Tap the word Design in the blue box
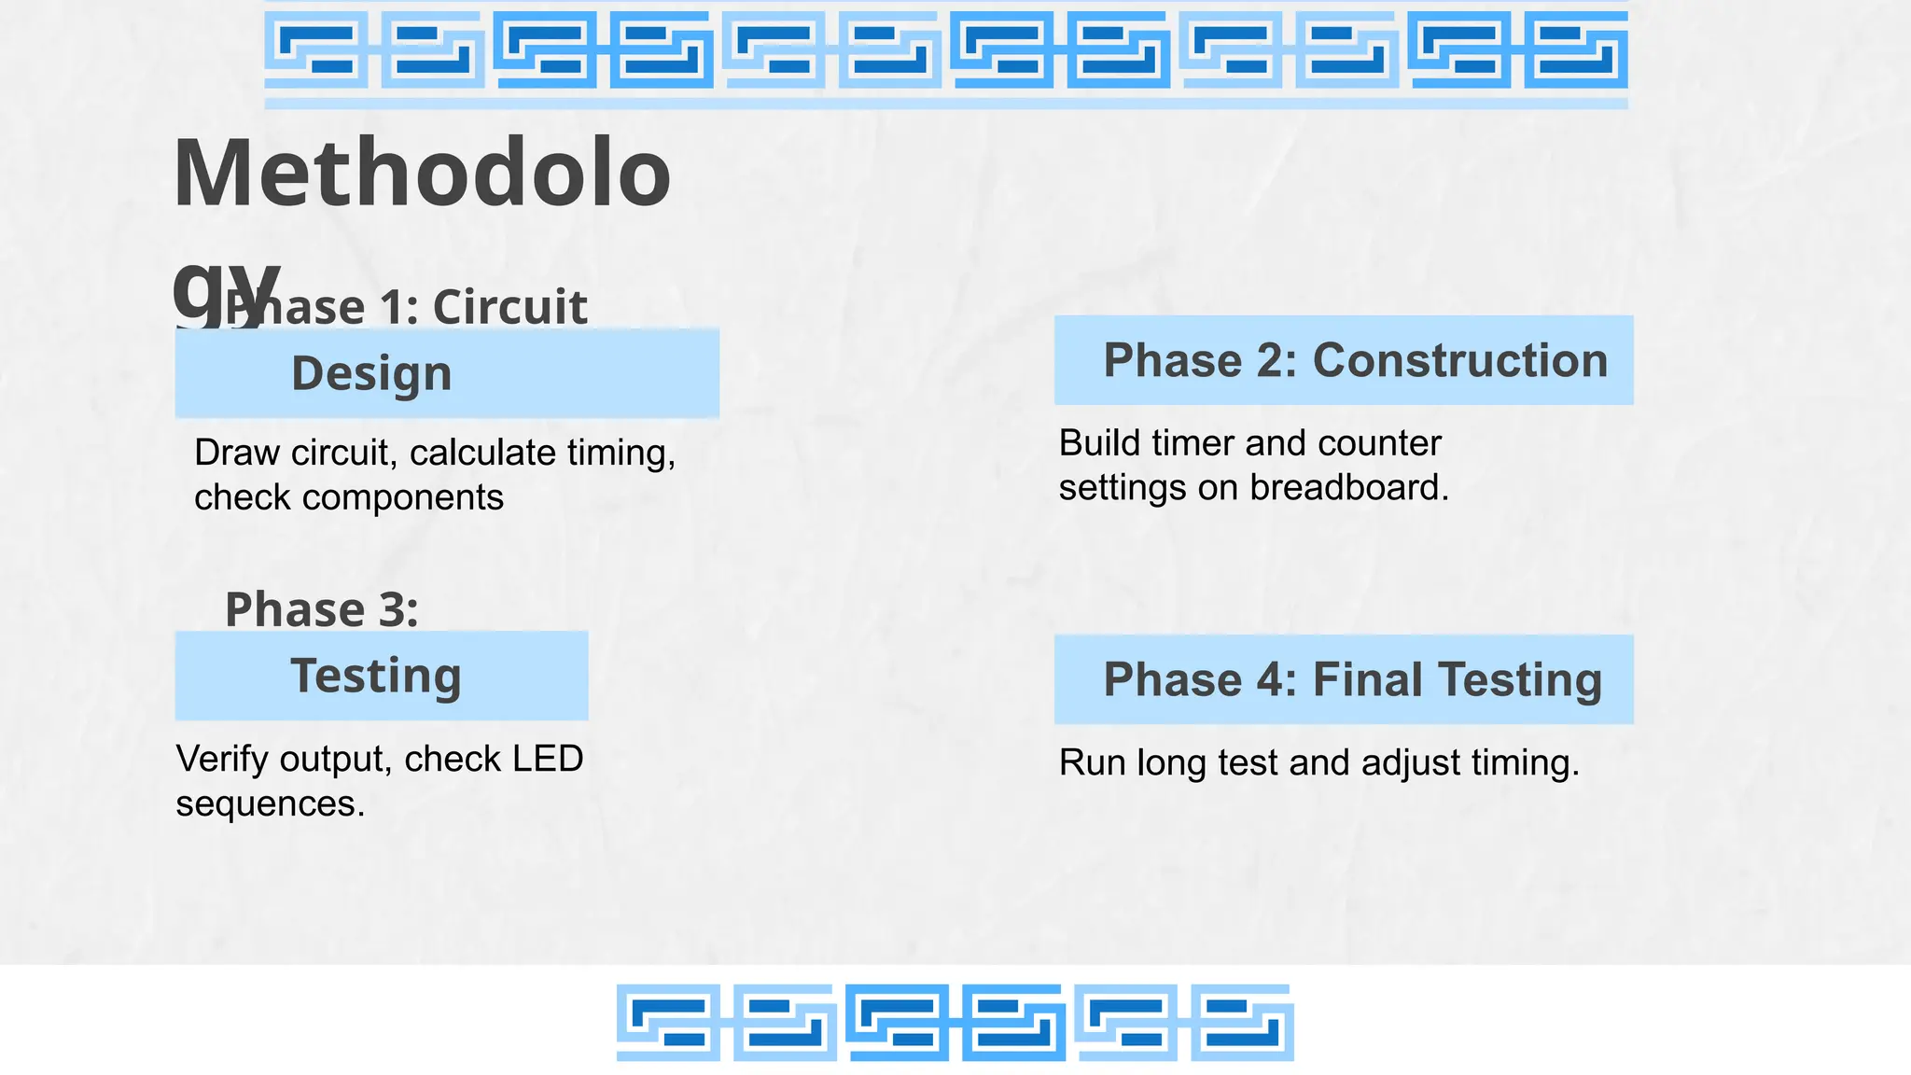pos(371,374)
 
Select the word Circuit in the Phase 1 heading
pos(509,307)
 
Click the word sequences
pos(269,803)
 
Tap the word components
pos(402,497)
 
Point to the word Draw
pos(237,453)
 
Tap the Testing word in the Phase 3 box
pos(376,677)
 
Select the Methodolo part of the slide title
pos(422,174)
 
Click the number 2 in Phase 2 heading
pos(1270,361)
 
